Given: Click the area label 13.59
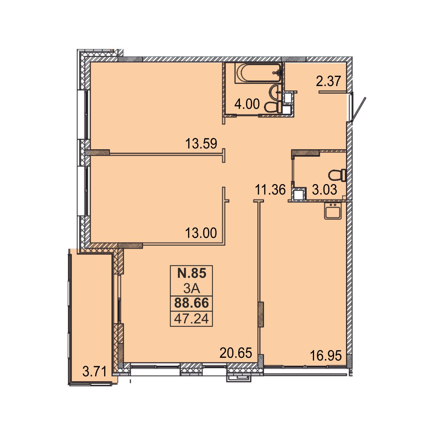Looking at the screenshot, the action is click(201, 144).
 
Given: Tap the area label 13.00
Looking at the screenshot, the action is click(201, 233).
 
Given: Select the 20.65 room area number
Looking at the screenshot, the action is click(236, 353).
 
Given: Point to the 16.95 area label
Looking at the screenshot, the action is click(326, 355).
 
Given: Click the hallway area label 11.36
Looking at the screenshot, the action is click(270, 190).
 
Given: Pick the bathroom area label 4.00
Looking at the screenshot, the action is click(247, 104).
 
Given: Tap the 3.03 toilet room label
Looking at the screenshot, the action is click(325, 190).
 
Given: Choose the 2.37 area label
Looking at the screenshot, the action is click(328, 81).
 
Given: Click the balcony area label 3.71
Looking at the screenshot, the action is click(94, 371).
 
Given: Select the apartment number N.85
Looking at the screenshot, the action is click(192, 273).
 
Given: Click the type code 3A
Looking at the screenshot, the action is click(191, 289).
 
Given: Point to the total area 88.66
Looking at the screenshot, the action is click(191, 303).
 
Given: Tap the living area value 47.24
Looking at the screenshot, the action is click(191, 319).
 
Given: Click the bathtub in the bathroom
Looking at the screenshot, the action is click(258, 73).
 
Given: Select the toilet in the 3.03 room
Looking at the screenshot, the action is click(337, 175).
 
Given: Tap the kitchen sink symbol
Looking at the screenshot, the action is click(333, 211).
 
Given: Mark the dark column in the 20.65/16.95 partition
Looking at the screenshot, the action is click(261, 314).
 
